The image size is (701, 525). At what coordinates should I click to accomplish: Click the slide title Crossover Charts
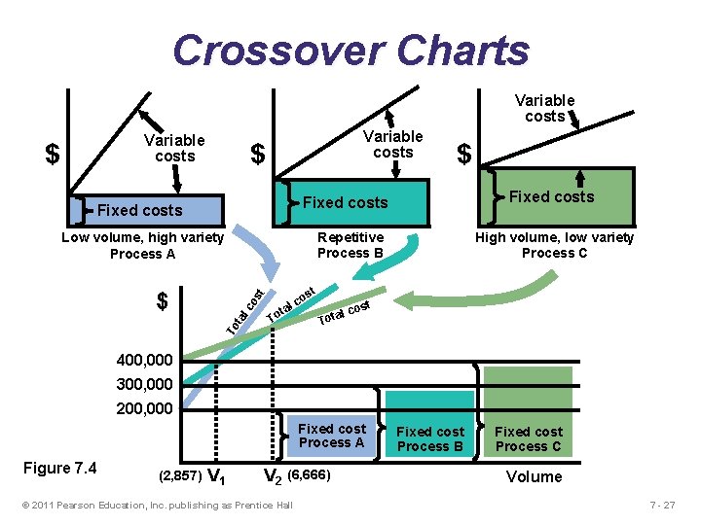(350, 50)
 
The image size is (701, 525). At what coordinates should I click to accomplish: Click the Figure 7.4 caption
(60, 469)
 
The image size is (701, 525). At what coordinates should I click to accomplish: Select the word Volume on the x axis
(534, 476)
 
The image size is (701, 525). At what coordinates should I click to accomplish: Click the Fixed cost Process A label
(332, 436)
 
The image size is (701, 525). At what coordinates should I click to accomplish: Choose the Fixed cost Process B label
(430, 438)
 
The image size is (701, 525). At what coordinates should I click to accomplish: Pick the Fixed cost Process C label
(529, 438)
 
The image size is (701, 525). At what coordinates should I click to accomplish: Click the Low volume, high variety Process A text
(142, 245)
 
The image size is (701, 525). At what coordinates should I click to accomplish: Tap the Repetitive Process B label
(350, 245)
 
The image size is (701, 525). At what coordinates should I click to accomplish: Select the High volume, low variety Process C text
(554, 245)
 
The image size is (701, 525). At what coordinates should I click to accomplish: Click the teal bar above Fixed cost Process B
(430, 402)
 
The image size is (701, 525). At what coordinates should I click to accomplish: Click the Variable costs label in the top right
(544, 108)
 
